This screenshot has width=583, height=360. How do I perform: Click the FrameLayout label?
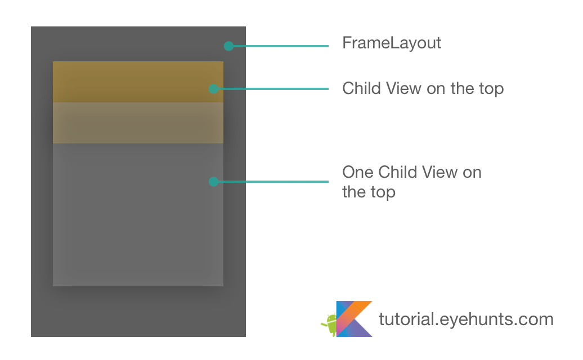(x=392, y=43)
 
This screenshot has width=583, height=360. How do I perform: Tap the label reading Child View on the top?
(x=423, y=88)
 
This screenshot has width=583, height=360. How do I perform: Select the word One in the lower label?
(x=358, y=172)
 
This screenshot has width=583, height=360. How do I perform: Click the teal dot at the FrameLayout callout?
(x=228, y=46)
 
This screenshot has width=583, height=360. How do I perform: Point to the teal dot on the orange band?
(x=213, y=88)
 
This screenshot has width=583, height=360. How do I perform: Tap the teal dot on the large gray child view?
(x=213, y=182)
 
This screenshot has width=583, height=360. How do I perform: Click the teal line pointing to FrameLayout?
(x=281, y=46)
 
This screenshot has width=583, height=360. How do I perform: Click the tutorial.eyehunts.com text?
(x=466, y=319)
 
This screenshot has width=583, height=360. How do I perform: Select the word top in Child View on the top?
(x=490, y=89)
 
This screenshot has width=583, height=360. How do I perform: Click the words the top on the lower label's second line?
(x=369, y=192)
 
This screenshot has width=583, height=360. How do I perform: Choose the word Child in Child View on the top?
(x=361, y=88)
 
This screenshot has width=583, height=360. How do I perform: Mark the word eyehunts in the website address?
(x=470, y=319)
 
